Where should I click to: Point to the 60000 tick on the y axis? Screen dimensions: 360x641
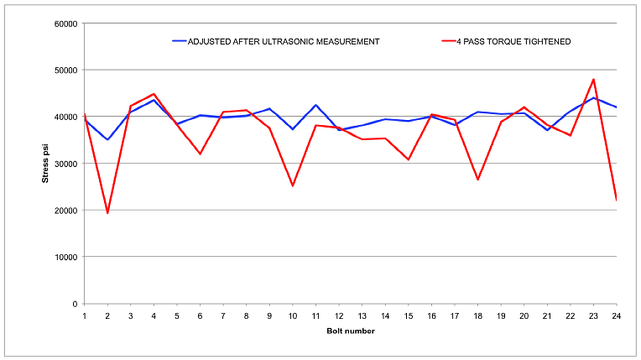[66, 23]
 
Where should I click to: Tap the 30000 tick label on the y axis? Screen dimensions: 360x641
[66, 164]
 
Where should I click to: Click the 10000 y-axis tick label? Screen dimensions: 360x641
[66, 258]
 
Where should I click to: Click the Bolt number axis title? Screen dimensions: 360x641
[350, 331]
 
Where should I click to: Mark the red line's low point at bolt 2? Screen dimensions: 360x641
[108, 213]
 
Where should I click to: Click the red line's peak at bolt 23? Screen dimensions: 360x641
[593, 80]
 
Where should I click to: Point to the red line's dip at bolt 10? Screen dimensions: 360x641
[293, 185]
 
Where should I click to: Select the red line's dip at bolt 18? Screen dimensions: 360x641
[477, 180]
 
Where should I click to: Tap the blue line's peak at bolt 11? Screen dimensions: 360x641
[315, 105]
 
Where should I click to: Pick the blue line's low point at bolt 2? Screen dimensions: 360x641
[108, 139]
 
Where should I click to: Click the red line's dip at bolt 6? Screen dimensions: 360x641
[201, 154]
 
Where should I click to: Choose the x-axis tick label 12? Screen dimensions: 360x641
[339, 316]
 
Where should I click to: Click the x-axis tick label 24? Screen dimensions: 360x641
[616, 316]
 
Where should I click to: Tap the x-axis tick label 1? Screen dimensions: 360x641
[85, 316]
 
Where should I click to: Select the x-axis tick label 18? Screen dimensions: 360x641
[477, 316]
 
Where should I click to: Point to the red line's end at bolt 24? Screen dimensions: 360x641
[616, 200]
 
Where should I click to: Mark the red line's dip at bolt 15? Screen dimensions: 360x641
[409, 159]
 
